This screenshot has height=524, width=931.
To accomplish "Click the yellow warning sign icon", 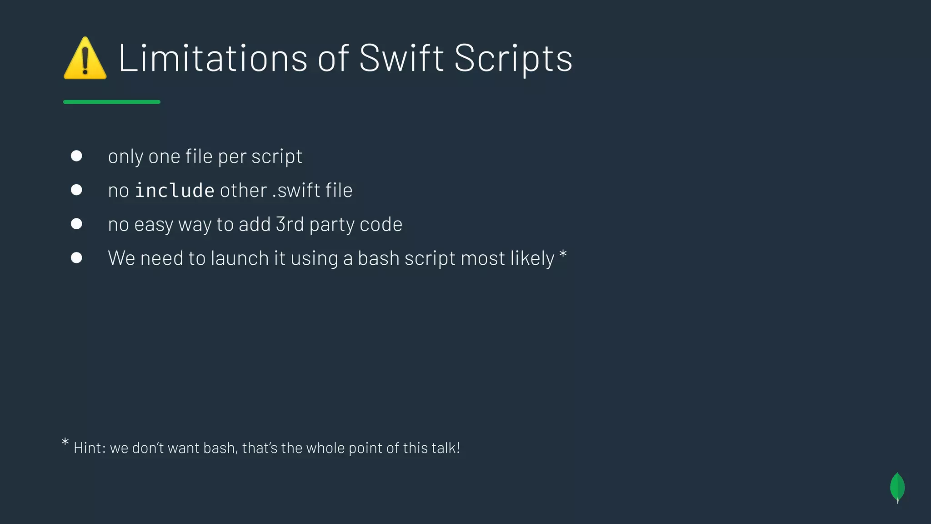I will (85, 59).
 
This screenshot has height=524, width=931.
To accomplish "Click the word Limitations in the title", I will (213, 58).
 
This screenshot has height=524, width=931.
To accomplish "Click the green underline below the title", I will (112, 102).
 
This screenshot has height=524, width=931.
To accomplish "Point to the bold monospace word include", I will (175, 191).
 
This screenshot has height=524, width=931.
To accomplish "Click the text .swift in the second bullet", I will (292, 191).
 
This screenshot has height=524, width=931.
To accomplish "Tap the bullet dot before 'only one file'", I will (76, 156).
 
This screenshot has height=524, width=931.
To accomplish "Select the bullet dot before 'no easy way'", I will (76, 224).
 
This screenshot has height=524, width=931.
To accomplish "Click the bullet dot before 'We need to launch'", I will (76, 258).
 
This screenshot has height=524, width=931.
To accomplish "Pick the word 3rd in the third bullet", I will (290, 224).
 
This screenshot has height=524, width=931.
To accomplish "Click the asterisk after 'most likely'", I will (563, 254).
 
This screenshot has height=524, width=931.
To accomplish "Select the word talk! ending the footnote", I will (445, 448).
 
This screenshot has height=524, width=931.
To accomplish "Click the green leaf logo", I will (897, 488).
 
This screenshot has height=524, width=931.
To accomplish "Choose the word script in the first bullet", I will (276, 157).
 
